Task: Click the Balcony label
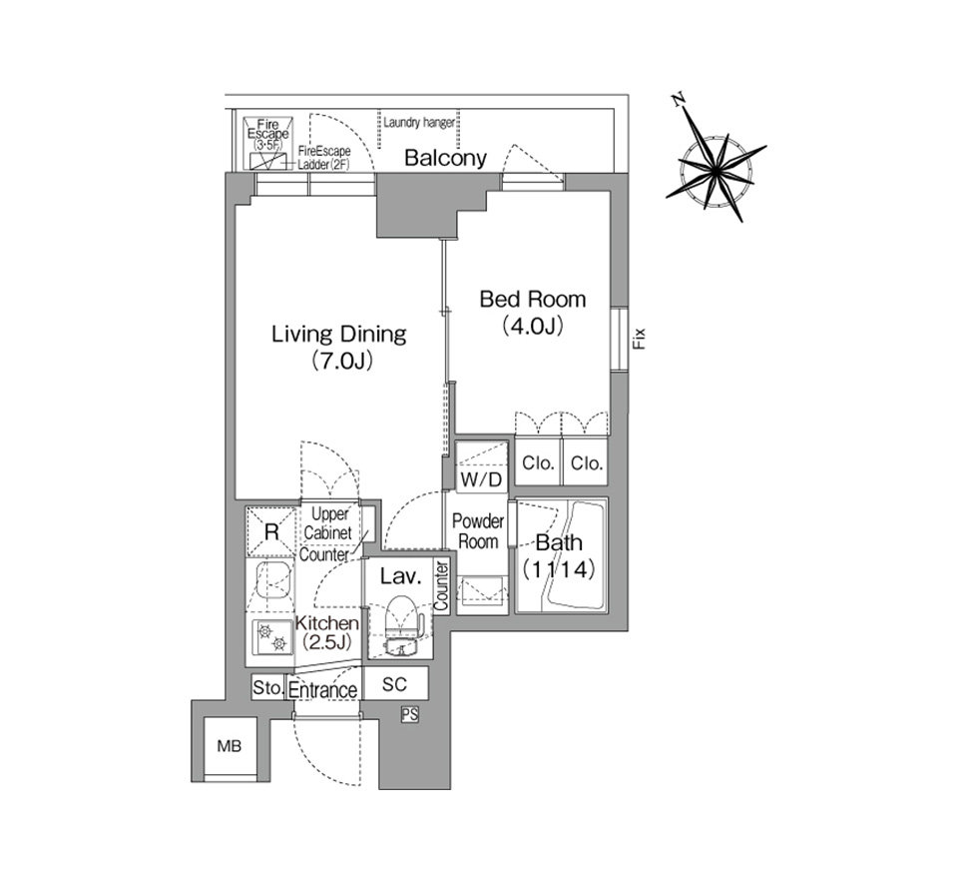tap(445, 158)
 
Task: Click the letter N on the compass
tap(678, 100)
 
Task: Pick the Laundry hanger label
tap(419, 122)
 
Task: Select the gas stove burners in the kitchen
tap(271, 636)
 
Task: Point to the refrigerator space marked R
tap(271, 531)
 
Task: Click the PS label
tap(410, 714)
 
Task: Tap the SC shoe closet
tap(395, 683)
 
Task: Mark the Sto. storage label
tap(267, 687)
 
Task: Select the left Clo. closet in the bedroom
tap(538, 462)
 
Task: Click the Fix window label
tap(639, 339)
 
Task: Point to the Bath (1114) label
tap(559, 556)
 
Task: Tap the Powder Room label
tap(478, 531)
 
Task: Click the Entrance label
tap(322, 690)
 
